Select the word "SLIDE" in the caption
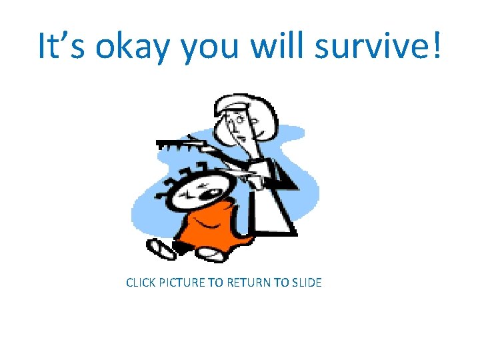coord(305,283)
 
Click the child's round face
coord(200,190)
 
